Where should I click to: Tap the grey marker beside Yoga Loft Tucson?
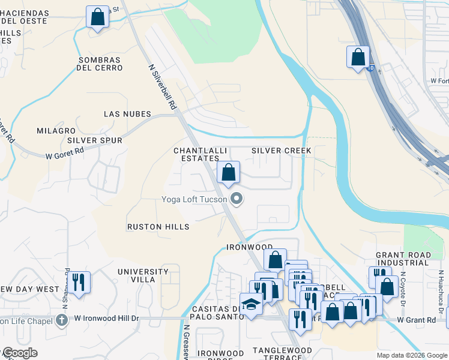click(237, 199)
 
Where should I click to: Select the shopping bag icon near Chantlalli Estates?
click(228, 173)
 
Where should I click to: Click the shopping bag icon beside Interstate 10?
click(358, 58)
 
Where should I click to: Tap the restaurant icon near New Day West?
click(79, 283)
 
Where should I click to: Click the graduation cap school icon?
click(250, 305)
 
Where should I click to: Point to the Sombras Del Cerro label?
click(100, 64)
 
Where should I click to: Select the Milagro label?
click(56, 131)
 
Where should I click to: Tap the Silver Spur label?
click(95, 140)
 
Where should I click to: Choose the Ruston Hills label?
click(158, 227)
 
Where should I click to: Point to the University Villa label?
click(143, 275)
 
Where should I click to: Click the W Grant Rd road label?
click(416, 320)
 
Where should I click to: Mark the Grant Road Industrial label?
click(403, 259)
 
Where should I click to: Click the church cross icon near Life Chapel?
click(60, 320)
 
